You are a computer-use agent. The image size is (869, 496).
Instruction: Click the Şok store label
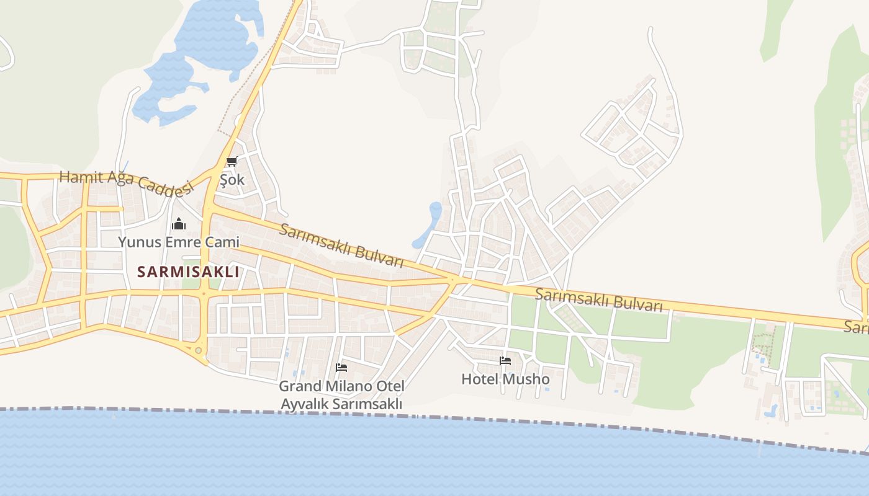(232, 180)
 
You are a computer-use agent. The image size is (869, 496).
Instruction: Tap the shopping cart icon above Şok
(232, 162)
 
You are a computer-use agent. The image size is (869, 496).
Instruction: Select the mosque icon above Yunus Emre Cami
(179, 224)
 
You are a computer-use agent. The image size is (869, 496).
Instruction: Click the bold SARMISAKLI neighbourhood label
(188, 272)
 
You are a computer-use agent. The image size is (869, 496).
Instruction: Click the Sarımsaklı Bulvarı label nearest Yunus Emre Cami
(341, 246)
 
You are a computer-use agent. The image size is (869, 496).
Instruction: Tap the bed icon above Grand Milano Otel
(341, 368)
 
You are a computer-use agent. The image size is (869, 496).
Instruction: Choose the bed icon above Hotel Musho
(505, 361)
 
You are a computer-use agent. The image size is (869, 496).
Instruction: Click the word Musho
(528, 379)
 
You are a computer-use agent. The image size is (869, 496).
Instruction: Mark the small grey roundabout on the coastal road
(199, 351)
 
